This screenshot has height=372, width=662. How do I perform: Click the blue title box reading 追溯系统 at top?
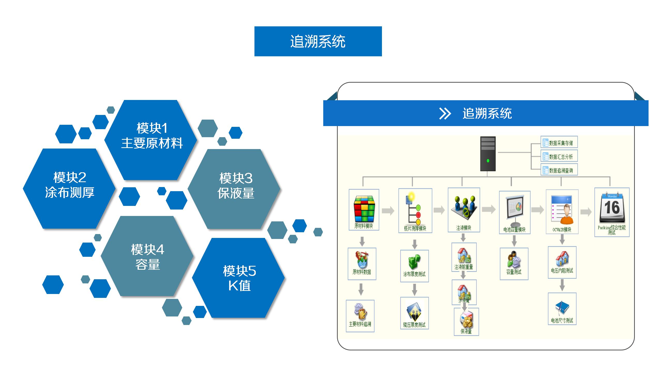coord(318,41)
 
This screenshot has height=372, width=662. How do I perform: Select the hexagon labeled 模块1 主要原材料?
coord(152,140)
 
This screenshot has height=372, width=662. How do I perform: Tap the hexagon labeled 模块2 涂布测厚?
coord(69,188)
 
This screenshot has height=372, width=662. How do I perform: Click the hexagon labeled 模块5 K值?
coord(239,278)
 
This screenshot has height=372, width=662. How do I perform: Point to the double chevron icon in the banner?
coord(445,114)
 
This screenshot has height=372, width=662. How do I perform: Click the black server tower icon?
coord(488,154)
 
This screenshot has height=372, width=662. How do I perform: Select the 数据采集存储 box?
coord(559,142)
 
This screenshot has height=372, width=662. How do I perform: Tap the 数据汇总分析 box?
coord(559,156)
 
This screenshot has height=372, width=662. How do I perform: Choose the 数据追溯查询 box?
coord(559,170)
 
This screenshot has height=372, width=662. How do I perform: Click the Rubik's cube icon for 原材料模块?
coord(364,209)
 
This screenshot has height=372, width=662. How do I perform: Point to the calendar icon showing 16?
coord(612,208)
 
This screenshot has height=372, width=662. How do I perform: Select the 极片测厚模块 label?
coord(415,229)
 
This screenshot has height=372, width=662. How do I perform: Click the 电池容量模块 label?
coord(514,230)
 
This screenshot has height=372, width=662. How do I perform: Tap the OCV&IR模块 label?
coord(562,230)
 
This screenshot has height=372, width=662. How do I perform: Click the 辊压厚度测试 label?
coord(414,325)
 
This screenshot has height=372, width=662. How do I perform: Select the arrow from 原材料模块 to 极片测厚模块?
coord(388,211)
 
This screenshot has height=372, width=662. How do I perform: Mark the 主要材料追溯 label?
coord(360,324)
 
